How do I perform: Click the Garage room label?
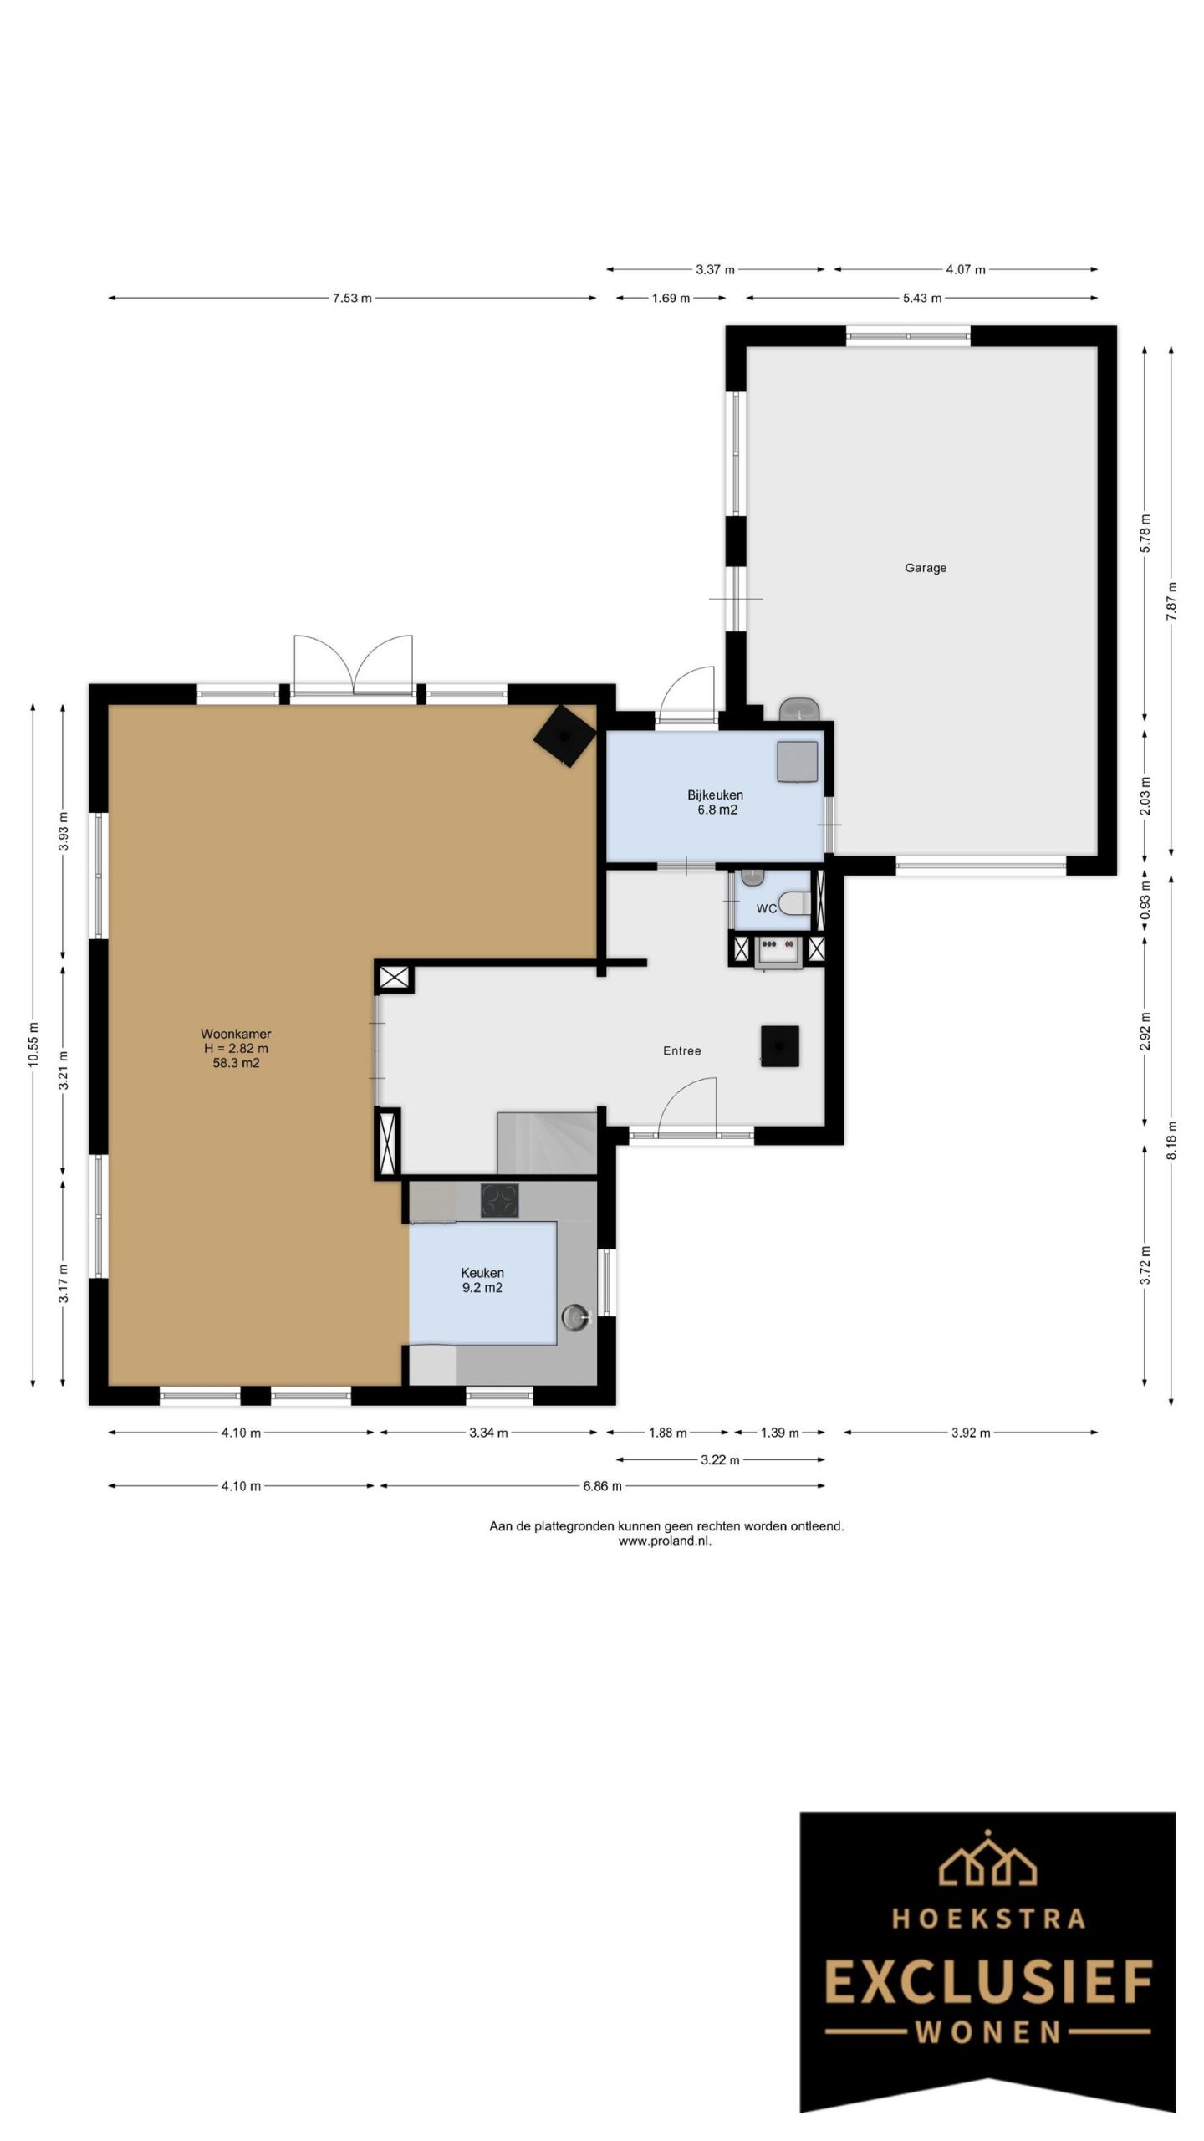click(x=925, y=568)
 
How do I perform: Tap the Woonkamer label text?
click(x=235, y=1034)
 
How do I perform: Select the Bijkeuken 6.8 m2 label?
click(x=716, y=802)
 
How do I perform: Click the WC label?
click(x=766, y=908)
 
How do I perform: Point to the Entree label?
click(x=681, y=1050)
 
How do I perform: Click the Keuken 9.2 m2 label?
click(x=482, y=1280)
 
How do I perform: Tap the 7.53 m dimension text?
click(x=352, y=298)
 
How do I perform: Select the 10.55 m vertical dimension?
click(x=33, y=1045)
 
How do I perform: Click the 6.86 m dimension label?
click(x=602, y=1486)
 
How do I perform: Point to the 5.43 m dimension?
click(x=921, y=298)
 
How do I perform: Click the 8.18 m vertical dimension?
click(x=1171, y=1140)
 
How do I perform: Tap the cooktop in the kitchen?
click(x=499, y=1201)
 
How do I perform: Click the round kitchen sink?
click(x=574, y=1316)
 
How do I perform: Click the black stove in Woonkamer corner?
click(x=565, y=733)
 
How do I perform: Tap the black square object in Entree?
click(x=779, y=1045)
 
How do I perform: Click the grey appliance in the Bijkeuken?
click(x=797, y=761)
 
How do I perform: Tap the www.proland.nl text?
click(x=665, y=1541)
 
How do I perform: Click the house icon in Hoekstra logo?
click(x=988, y=1860)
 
